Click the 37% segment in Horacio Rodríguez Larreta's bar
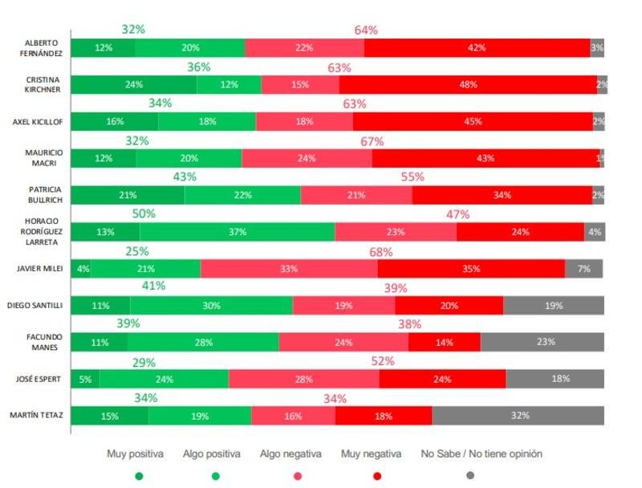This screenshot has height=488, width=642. pos(237,232)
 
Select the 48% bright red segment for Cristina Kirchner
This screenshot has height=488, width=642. pos(468,84)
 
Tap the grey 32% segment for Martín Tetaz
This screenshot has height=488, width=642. pos(518,416)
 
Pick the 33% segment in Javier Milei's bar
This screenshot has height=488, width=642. pos(289,269)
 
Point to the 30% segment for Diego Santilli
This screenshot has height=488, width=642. pos(211,306)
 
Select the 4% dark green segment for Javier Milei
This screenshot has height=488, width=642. pos(81,269)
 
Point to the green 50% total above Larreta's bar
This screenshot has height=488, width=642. pos(144,213)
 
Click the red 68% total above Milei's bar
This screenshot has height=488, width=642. pos(381,251)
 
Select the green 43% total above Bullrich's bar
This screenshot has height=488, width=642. pos(185,177)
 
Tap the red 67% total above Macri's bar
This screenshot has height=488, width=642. pos(372,140)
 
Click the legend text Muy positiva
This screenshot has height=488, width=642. pos(135,453)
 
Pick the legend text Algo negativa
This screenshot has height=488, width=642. pos(291,453)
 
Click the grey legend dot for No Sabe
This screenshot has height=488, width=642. pos(470,475)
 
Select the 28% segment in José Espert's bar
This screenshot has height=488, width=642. pos(303,380)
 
